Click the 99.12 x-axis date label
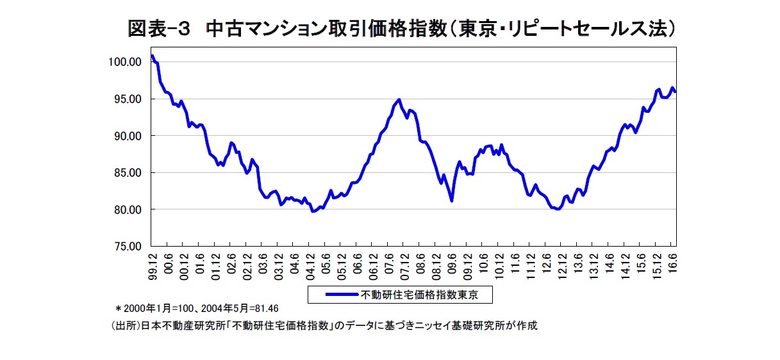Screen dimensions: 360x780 (153, 265)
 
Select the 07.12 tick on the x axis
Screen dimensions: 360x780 (404, 265)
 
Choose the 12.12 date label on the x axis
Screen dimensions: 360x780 (561, 265)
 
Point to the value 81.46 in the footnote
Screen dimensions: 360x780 (265, 308)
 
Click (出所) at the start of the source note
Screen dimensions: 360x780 (124, 325)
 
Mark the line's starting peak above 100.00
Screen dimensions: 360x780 (152, 56)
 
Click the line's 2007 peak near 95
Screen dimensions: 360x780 (399, 99)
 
